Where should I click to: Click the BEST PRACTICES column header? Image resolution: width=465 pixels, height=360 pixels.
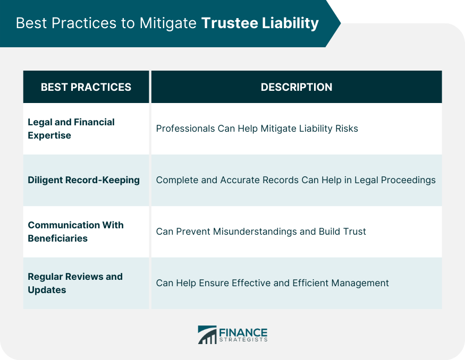pos(86,87)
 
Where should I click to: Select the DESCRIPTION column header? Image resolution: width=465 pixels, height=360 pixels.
pos(296,87)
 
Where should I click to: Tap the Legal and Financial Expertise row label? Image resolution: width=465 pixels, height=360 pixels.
pos(71,128)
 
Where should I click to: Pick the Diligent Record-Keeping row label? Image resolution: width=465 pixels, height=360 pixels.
pos(83,180)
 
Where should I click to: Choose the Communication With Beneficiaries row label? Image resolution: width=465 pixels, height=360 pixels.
pos(75,232)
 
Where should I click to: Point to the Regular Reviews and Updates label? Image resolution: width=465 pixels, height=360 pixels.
pos(75,283)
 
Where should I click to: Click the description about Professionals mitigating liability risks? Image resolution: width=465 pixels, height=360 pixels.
pos(257,128)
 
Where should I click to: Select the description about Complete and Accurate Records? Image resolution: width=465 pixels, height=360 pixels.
pos(295,180)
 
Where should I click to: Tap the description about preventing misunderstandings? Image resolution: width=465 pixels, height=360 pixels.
pos(260,232)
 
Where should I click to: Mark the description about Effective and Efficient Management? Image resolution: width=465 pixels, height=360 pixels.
pos(272,283)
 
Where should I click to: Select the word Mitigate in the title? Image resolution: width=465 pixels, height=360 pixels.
pos(170,24)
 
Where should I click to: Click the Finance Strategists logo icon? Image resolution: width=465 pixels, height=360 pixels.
pos(207,335)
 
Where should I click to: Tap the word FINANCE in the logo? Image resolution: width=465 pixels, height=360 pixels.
pos(243,331)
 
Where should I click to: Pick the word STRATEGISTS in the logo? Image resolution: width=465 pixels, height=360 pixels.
pos(243,340)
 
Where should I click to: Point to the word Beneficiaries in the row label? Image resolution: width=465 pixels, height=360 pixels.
pos(57,238)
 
